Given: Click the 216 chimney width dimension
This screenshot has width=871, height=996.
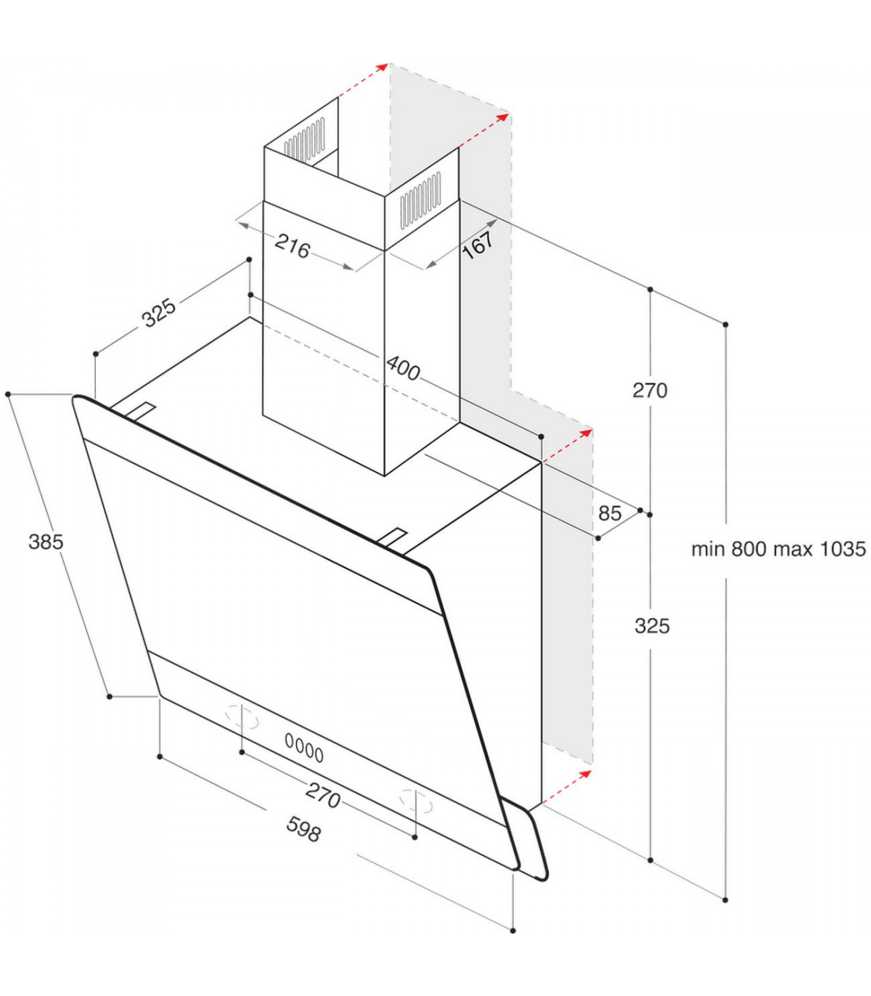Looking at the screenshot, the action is tap(292, 246).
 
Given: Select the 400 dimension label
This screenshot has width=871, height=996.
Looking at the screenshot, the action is tap(402, 368).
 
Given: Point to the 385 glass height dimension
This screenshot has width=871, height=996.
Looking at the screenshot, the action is tap(46, 542).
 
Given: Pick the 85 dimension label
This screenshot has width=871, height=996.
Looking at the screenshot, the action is tap(610, 513).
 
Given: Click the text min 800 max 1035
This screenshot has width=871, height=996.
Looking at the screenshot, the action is tap(779, 549).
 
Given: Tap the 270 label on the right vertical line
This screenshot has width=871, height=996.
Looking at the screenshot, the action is tap(650, 390).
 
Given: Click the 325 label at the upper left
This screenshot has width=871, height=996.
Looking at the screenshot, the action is tap(158, 312).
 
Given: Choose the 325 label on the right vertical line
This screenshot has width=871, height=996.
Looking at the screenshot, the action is tap(652, 626).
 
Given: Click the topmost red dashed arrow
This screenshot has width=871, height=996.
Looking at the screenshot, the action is tap(364, 81).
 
